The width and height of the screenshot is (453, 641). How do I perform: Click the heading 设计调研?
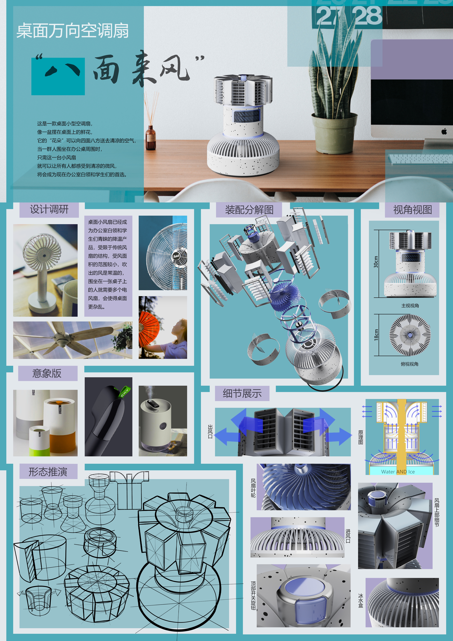coord(49,209)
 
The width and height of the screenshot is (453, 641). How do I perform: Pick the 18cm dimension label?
coord(376,335)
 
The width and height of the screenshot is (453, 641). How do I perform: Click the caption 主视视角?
coord(410,306)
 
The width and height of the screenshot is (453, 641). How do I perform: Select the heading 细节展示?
coord(242,393)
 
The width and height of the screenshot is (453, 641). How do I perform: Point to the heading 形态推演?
coord(48,471)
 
